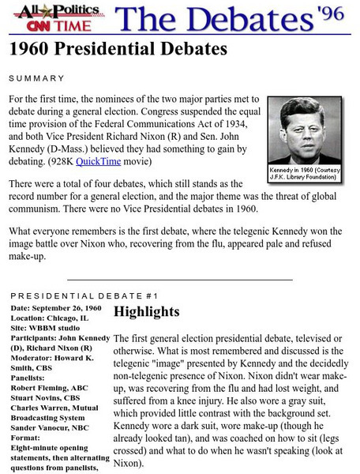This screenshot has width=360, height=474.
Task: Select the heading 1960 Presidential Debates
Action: coord(118,49)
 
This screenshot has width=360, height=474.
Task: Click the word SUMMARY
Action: coord(36,78)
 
